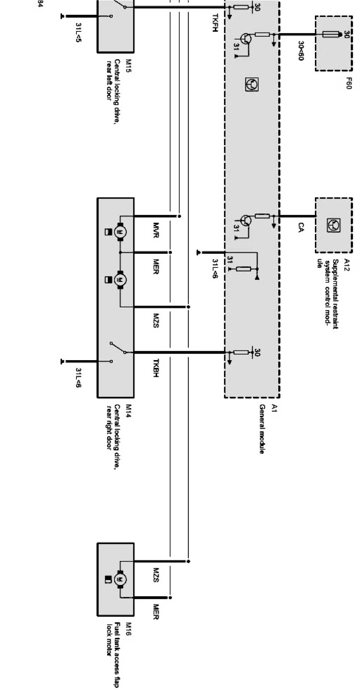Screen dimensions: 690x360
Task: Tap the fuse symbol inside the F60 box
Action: [x=332, y=35]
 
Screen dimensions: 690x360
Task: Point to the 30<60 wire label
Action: [x=300, y=51]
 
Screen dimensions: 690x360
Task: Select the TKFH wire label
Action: [x=215, y=23]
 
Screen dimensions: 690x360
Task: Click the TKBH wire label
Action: [x=157, y=367]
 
